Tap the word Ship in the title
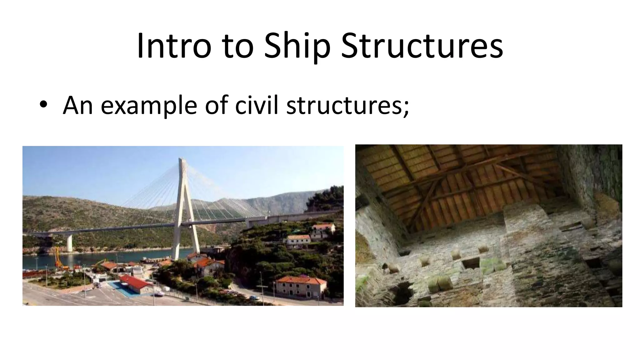click(297, 46)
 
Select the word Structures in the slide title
click(422, 46)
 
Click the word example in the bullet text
click(149, 105)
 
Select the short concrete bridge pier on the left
click(69, 243)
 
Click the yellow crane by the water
click(57, 258)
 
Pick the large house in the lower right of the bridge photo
click(301, 286)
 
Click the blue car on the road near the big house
click(255, 297)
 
